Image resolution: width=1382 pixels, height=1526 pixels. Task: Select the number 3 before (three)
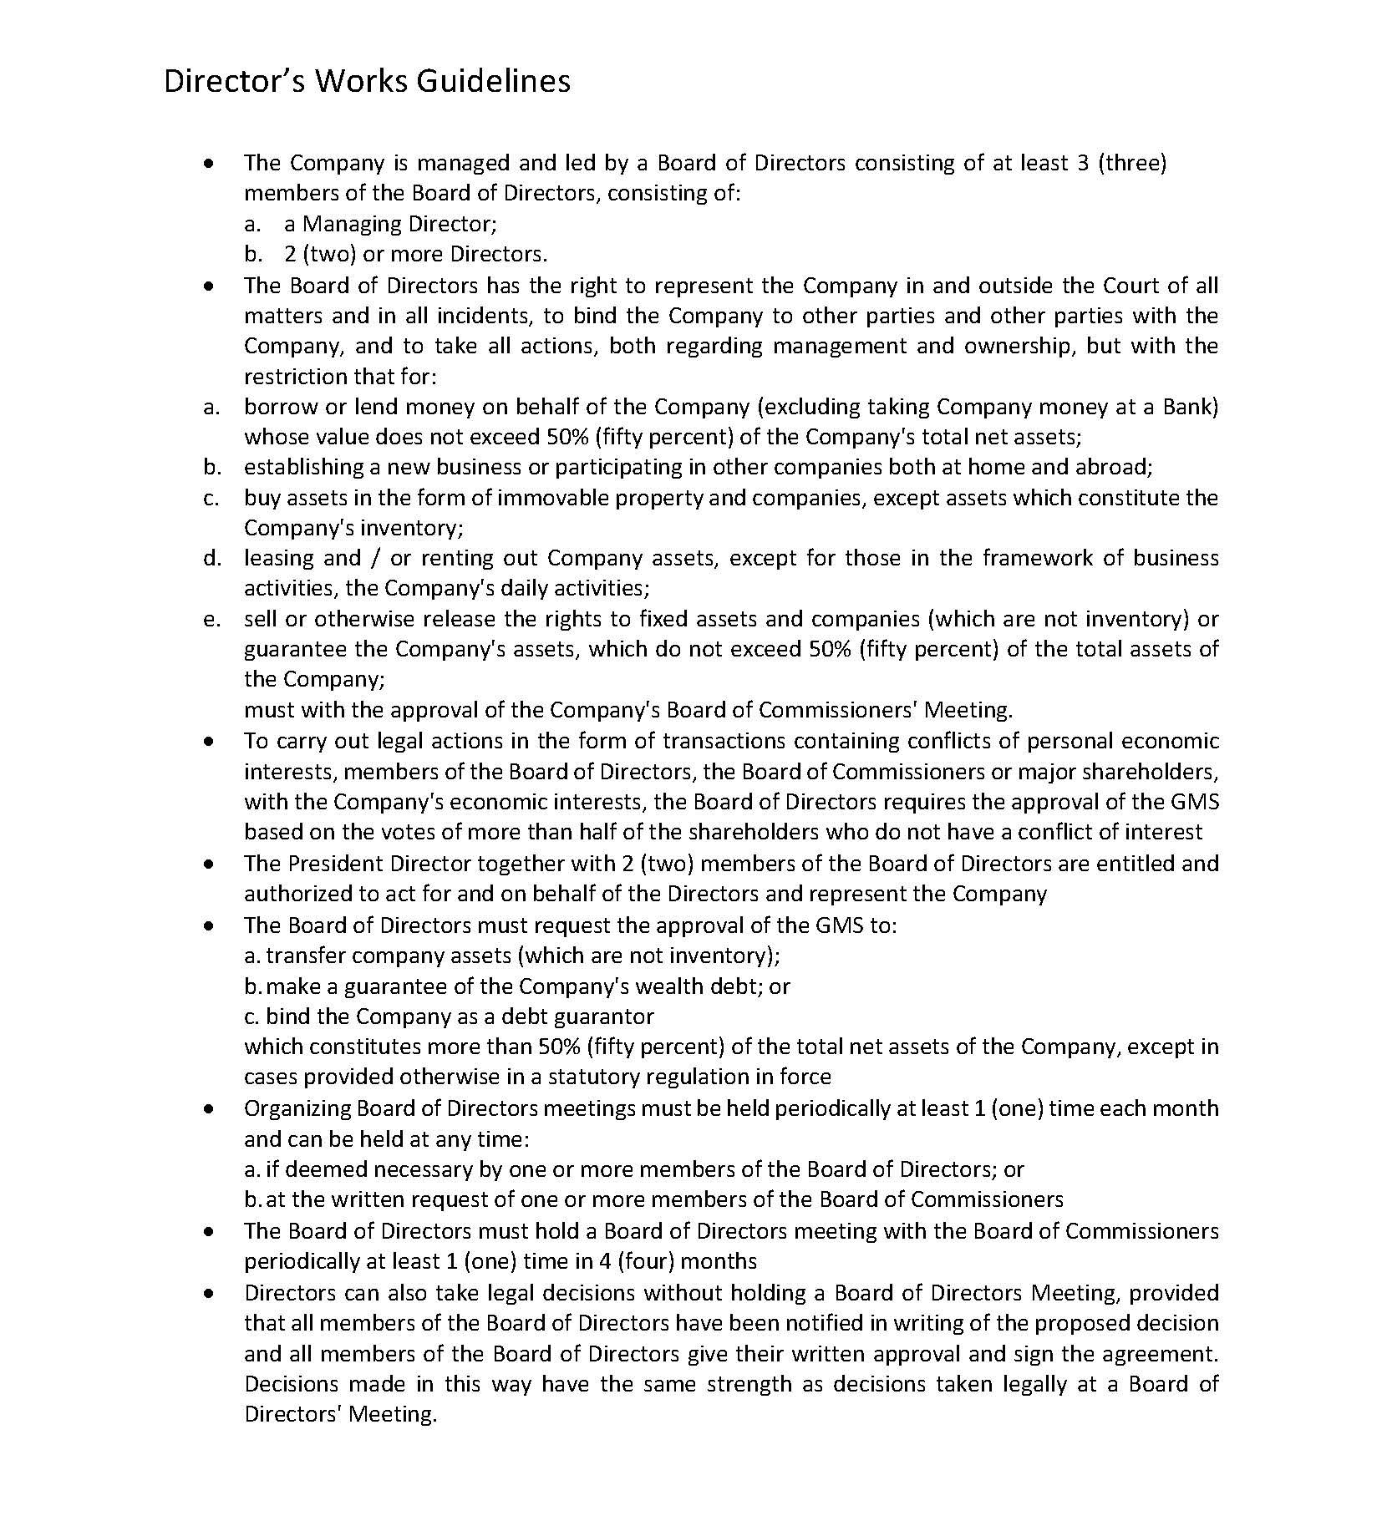1082,163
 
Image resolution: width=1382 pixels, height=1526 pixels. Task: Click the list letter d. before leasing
212,558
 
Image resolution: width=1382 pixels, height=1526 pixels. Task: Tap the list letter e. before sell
212,620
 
